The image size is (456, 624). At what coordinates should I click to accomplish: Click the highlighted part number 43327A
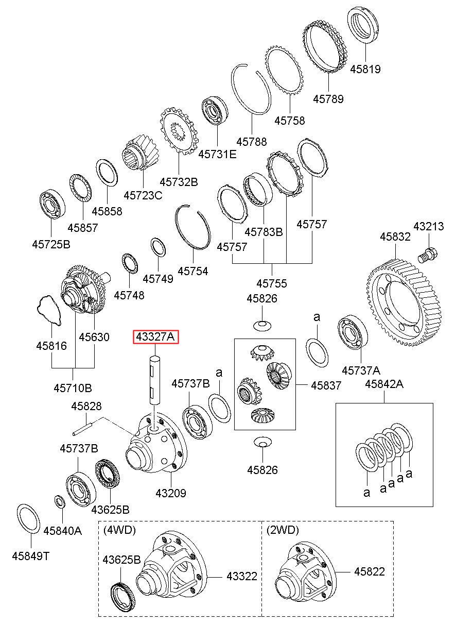156,337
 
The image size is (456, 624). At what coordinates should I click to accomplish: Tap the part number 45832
395,237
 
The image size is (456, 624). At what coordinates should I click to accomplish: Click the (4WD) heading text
119,530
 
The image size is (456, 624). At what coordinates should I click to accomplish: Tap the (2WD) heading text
282,530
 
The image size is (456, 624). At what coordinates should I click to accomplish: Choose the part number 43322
242,577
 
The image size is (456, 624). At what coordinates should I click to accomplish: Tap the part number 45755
272,283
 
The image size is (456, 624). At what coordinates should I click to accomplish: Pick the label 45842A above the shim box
384,384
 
